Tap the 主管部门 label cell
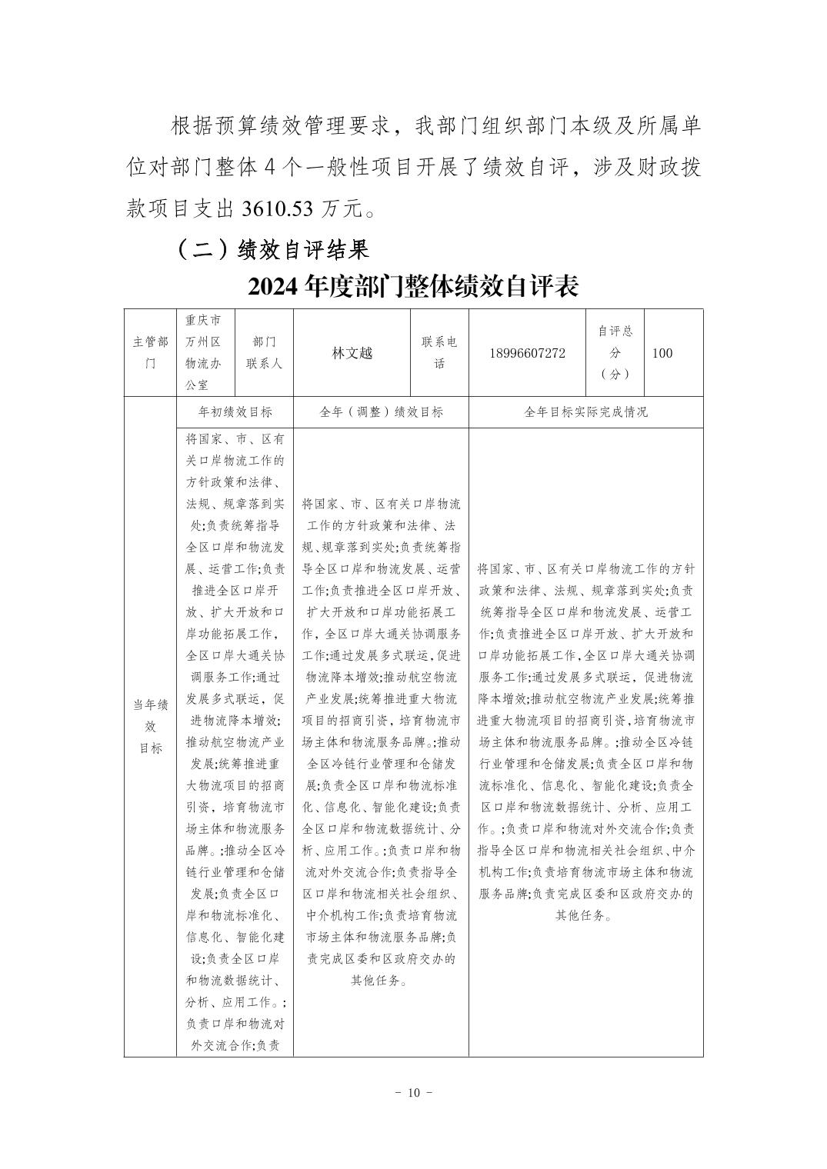pyautogui.click(x=150, y=353)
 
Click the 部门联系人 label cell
pyautogui.click(x=264, y=353)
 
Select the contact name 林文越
pyautogui.click(x=352, y=353)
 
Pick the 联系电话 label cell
pyautogui.click(x=439, y=353)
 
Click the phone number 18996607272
pyautogui.click(x=526, y=353)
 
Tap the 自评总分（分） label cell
pyautogui.click(x=615, y=352)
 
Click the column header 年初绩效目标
pyautogui.click(x=235, y=411)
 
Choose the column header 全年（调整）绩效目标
pyautogui.click(x=381, y=411)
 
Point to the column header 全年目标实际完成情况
pyautogui.click(x=585, y=411)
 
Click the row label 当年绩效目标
pyautogui.click(x=150, y=726)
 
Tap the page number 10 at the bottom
pyautogui.click(x=414, y=1093)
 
